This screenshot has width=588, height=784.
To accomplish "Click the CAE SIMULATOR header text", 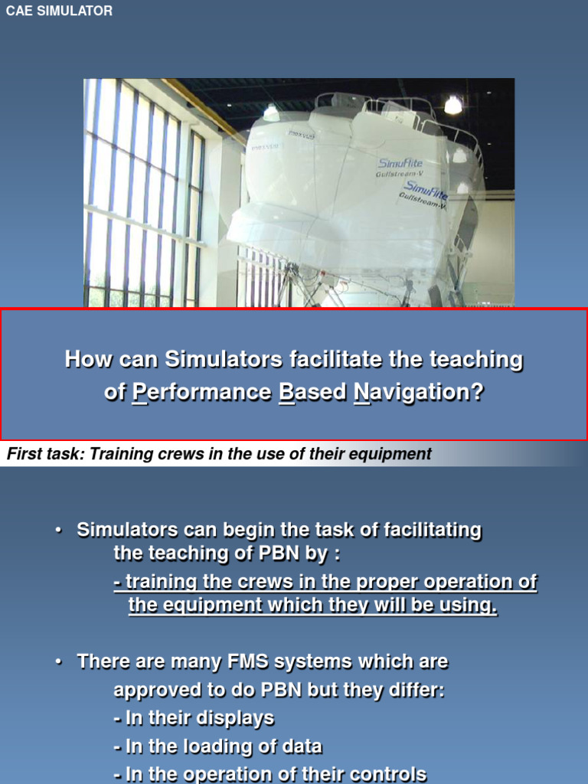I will point(59,11).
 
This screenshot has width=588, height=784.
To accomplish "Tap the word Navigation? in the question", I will point(420,393).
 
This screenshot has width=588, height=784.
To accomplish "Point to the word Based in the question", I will point(312,393).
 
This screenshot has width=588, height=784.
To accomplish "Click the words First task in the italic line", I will point(44,454).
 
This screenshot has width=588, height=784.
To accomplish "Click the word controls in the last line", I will point(386,774).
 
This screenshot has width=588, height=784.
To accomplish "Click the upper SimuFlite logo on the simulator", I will point(400,163).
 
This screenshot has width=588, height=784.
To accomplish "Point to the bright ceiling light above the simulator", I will point(453,105).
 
